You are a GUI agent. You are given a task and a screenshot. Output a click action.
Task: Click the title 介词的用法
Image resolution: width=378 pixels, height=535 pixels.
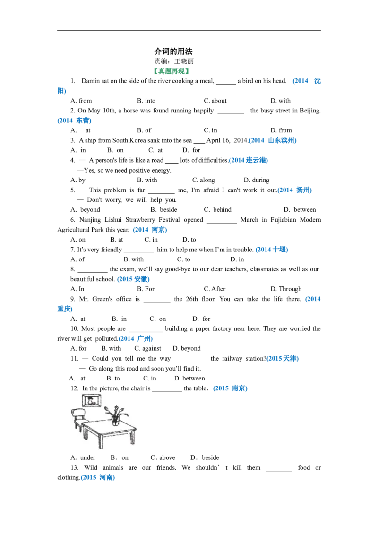(173, 52)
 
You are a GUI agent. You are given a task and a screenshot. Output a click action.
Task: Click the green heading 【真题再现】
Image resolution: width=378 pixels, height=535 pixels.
(171, 71)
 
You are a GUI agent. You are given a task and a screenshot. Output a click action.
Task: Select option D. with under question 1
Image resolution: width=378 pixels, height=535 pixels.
(281, 101)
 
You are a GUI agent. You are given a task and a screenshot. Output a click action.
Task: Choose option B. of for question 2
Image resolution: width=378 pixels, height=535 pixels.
(144, 130)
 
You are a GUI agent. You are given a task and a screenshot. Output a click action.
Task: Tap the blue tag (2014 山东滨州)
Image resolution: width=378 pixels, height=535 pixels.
(273, 140)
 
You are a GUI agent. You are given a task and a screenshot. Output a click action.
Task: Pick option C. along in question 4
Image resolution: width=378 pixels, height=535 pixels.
(203, 180)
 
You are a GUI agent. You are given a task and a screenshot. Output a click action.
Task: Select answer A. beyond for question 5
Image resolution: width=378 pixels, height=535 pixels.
(86, 210)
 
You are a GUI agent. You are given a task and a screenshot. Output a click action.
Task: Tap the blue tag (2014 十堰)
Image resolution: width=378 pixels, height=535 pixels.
(272, 250)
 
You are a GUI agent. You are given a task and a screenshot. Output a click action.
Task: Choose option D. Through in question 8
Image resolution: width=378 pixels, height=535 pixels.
(286, 289)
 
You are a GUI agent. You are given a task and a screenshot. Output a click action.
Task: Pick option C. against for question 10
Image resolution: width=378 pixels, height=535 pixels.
(147, 348)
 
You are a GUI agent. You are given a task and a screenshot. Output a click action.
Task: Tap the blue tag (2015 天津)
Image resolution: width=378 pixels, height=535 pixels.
(283, 358)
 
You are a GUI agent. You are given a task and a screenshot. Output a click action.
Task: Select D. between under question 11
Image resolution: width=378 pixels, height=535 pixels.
(189, 379)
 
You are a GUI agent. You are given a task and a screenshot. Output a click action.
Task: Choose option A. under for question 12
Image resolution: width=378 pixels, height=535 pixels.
(83, 457)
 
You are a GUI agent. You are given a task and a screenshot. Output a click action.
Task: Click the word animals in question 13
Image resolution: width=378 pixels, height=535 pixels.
(113, 467)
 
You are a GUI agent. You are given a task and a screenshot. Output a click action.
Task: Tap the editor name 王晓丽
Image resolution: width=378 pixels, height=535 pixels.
(184, 61)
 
